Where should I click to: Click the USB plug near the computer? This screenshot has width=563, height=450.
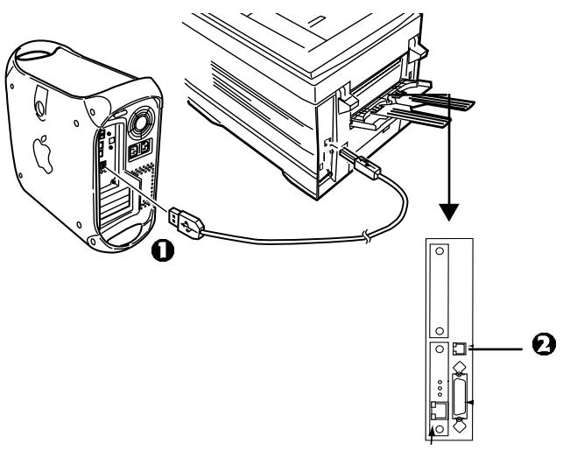point(187,223)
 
